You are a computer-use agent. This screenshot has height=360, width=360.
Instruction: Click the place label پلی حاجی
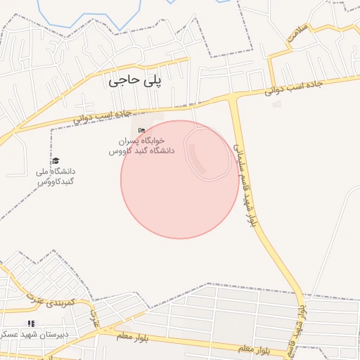[x=136, y=81]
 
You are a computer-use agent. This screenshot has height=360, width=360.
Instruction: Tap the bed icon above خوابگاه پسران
[x=142, y=131]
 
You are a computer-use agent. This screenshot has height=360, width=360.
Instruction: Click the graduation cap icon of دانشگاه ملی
[x=56, y=161]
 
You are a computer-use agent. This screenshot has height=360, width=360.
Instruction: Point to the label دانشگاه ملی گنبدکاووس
[x=56, y=176]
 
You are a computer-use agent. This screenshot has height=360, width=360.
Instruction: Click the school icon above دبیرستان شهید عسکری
[x=30, y=323]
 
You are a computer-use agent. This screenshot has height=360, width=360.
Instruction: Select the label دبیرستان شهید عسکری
[x=35, y=334]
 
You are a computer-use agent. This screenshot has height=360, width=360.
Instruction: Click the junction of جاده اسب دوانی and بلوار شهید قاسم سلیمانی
[x=233, y=97]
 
